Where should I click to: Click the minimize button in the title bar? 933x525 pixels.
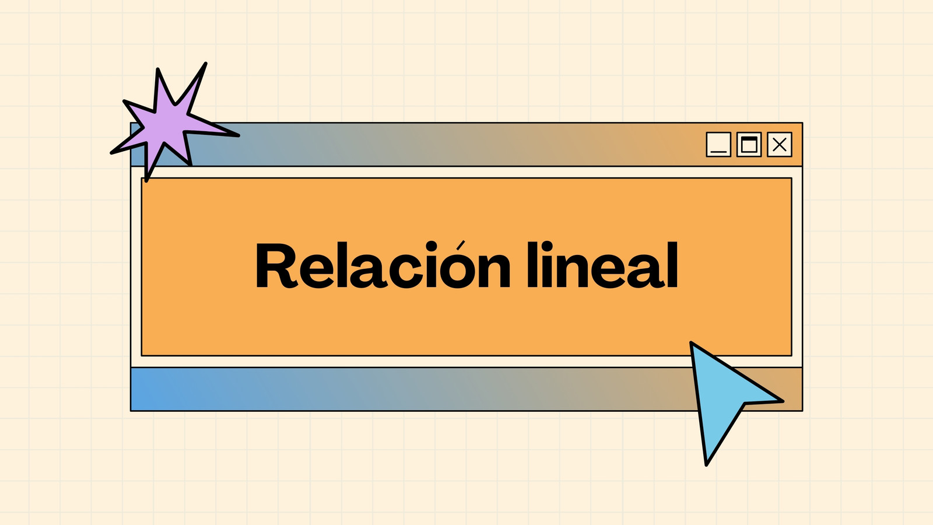718,145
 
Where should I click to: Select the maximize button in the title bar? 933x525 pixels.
749,145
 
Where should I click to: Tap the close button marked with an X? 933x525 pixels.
780,145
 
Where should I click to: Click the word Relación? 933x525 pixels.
383,265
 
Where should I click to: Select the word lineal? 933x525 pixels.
603,265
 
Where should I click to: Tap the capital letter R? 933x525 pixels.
276,265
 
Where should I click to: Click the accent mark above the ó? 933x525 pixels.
460,245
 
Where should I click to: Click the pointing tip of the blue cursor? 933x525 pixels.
692,343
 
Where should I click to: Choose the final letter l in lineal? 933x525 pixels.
672,265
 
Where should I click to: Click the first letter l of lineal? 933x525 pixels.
533,265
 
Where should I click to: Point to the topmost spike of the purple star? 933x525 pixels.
205,64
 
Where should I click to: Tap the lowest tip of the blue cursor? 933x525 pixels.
706,464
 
